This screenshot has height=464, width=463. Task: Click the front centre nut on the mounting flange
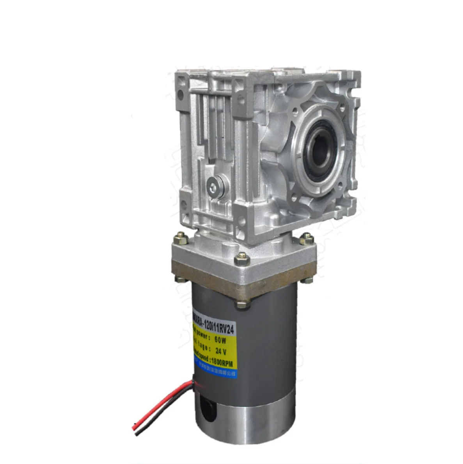point(241,258)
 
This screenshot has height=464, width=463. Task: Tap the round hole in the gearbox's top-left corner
point(180,95)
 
